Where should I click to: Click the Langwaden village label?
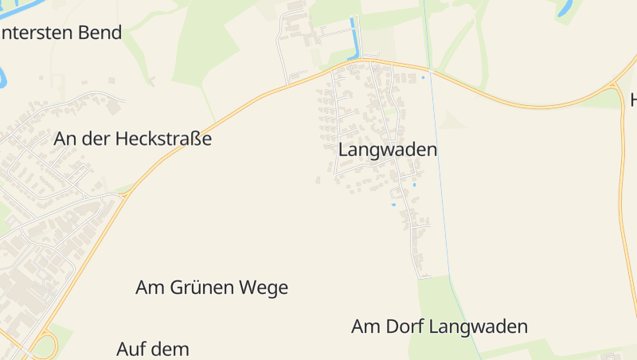pos(388,149)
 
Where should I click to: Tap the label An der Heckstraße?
pos(133,139)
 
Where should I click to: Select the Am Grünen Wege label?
pos(212,288)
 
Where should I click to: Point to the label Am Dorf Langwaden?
pos(440,327)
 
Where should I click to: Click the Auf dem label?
pos(153,349)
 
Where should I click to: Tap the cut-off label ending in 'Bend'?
pos(61,33)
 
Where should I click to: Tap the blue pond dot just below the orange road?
pos(423,77)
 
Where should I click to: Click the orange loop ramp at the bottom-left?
pos(43,346)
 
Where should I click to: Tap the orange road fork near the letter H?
pos(615,84)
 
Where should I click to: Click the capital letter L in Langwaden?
pos(343,149)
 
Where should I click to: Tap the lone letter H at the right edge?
pos(633,100)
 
